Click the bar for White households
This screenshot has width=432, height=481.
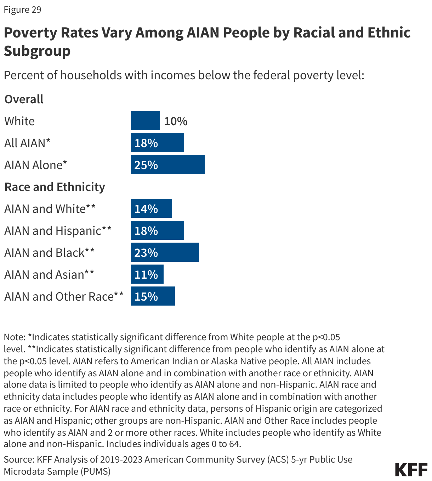point(145,121)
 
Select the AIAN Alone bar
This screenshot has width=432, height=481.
point(167,164)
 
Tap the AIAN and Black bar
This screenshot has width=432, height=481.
point(165,252)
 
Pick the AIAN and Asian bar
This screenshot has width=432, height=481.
point(147,274)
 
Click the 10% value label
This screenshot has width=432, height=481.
point(176,121)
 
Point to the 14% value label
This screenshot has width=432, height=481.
point(146,209)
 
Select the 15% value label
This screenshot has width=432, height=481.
point(146,296)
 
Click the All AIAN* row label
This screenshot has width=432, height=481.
point(27,143)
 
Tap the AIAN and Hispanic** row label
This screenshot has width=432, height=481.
point(58,231)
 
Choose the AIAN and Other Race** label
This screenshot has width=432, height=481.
point(64,296)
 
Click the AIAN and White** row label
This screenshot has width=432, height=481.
point(50,209)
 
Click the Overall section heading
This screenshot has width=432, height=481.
point(24,99)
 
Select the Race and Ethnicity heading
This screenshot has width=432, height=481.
point(55,187)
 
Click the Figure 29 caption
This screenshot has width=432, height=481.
point(22,10)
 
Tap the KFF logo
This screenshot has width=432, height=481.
point(411,470)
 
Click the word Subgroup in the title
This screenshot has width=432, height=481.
point(37,51)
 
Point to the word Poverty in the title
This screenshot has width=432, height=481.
point(30,33)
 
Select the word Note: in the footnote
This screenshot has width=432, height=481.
point(15,337)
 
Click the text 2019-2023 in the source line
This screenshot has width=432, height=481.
point(121,459)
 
